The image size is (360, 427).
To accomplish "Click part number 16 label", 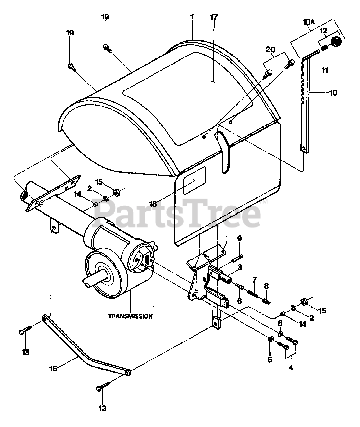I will click(53, 368).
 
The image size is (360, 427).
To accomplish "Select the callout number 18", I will click(153, 204).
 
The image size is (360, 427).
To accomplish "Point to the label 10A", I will click(309, 22).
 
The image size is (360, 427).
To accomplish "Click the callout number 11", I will click(325, 70).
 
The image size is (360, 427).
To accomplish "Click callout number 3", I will click(249, 267).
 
